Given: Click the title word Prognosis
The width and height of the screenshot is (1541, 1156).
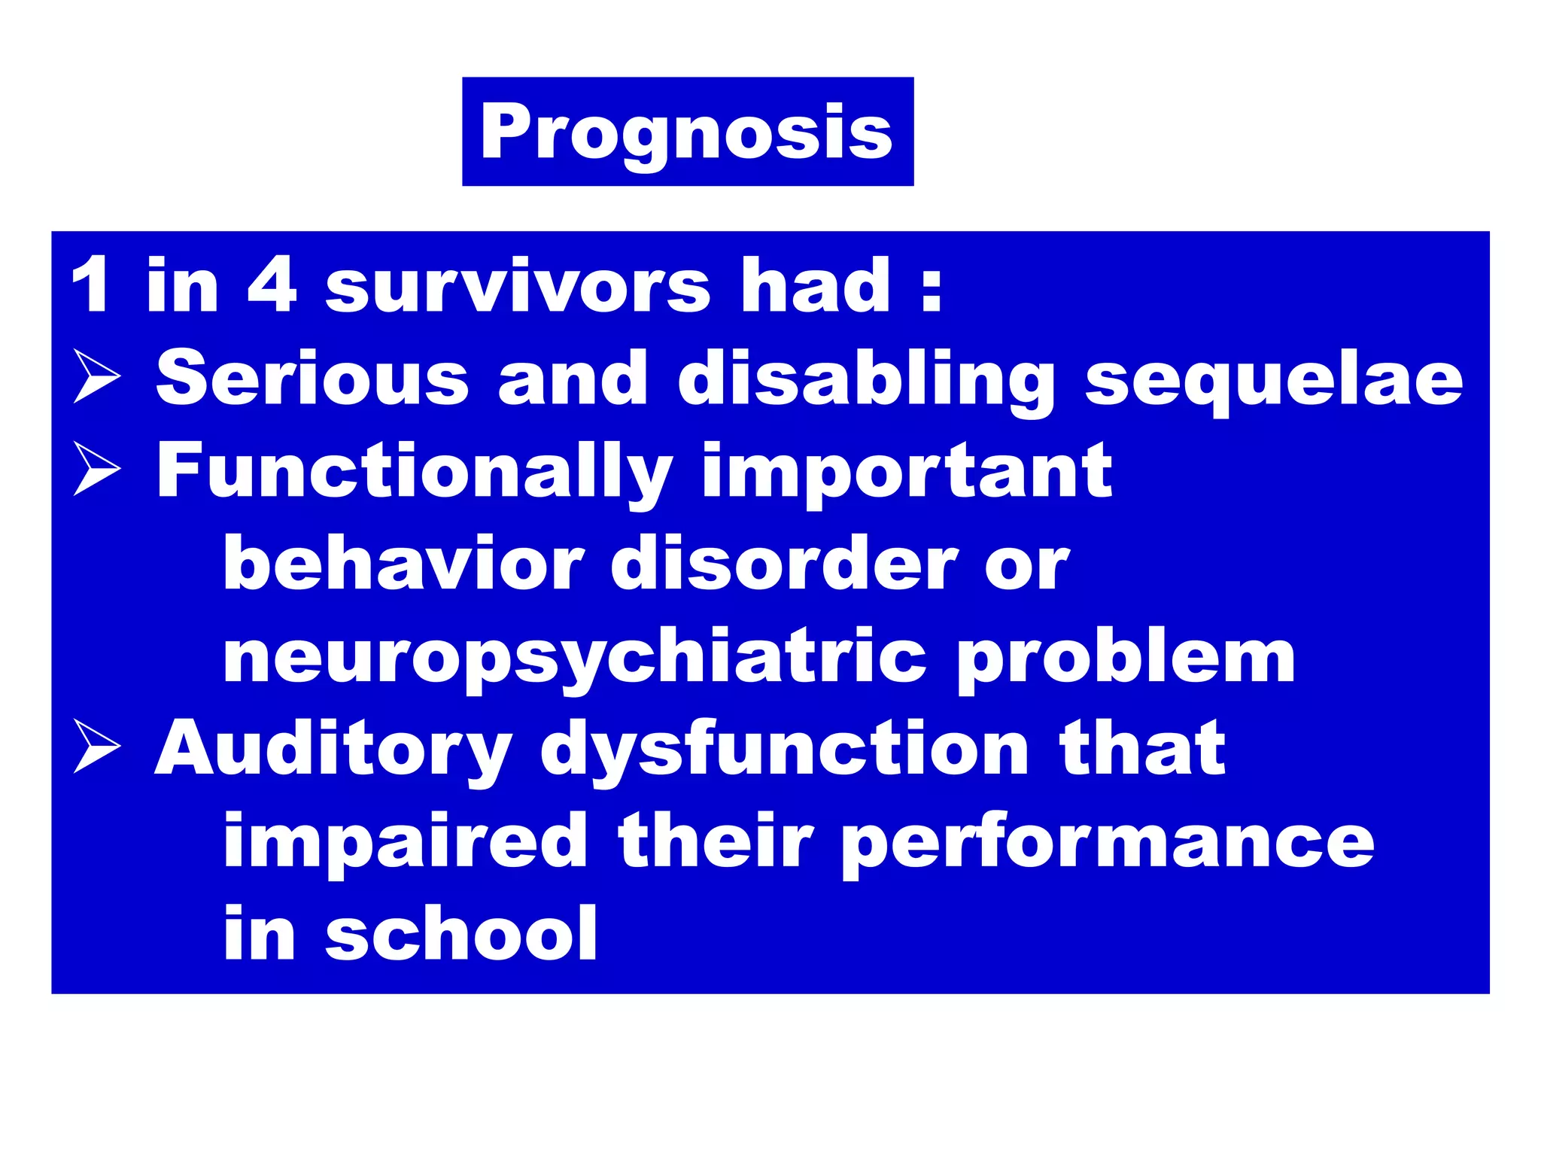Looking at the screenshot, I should pos(686,132).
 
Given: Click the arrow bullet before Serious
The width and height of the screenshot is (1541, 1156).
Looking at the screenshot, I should pos(96,376).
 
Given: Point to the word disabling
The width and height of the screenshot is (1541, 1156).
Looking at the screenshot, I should pos(865,380).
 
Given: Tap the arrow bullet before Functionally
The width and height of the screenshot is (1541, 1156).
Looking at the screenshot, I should pos(96,468).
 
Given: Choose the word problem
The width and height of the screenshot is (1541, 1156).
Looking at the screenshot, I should pos(1126,656).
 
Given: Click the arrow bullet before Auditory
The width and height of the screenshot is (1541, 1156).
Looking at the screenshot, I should pos(96,746).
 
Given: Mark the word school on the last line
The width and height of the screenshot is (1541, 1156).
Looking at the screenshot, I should pos(461,933).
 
